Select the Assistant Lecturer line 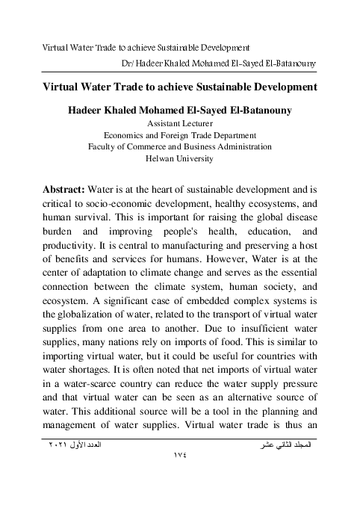coord(180,123)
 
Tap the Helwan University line coord(180,159)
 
